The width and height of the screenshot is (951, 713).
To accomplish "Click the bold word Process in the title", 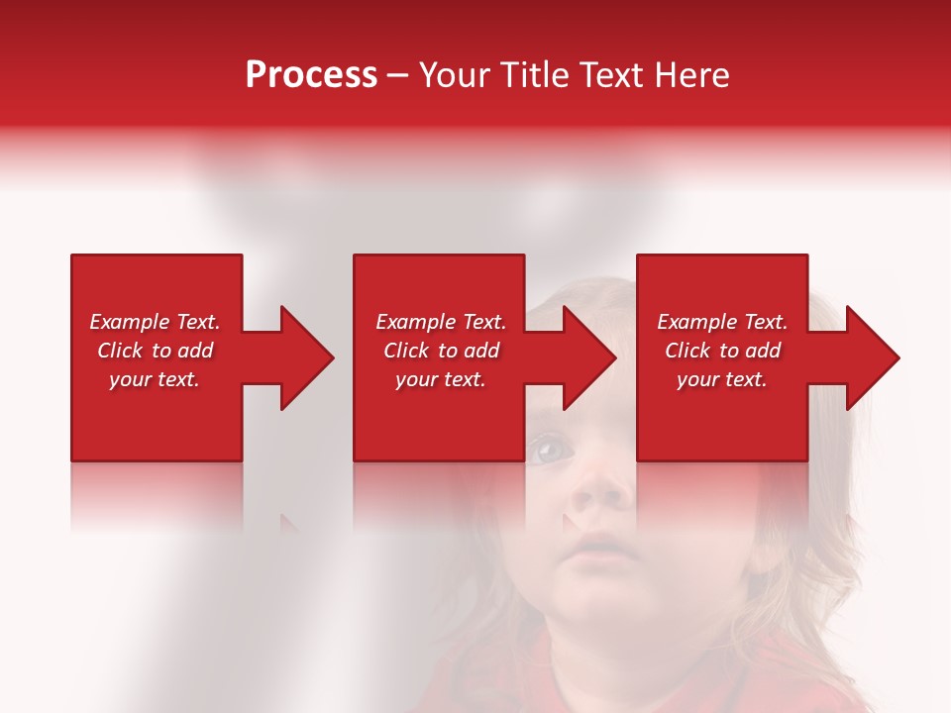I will pos(311,75).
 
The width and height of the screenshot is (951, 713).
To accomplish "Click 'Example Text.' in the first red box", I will pos(155,322).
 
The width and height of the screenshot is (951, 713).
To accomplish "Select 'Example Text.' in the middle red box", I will pos(441,322).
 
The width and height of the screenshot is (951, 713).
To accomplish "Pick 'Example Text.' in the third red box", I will pos(722,322).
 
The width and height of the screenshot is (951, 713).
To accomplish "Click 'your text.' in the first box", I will pos(155,379).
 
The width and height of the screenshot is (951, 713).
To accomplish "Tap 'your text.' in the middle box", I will pos(441,379).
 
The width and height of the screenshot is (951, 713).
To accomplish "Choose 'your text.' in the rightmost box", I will pos(722,379).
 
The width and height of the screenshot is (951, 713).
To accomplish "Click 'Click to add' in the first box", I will pos(155,351).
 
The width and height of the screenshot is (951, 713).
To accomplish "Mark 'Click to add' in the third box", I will pos(722,351).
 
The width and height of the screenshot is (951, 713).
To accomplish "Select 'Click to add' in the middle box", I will pos(441,351).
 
